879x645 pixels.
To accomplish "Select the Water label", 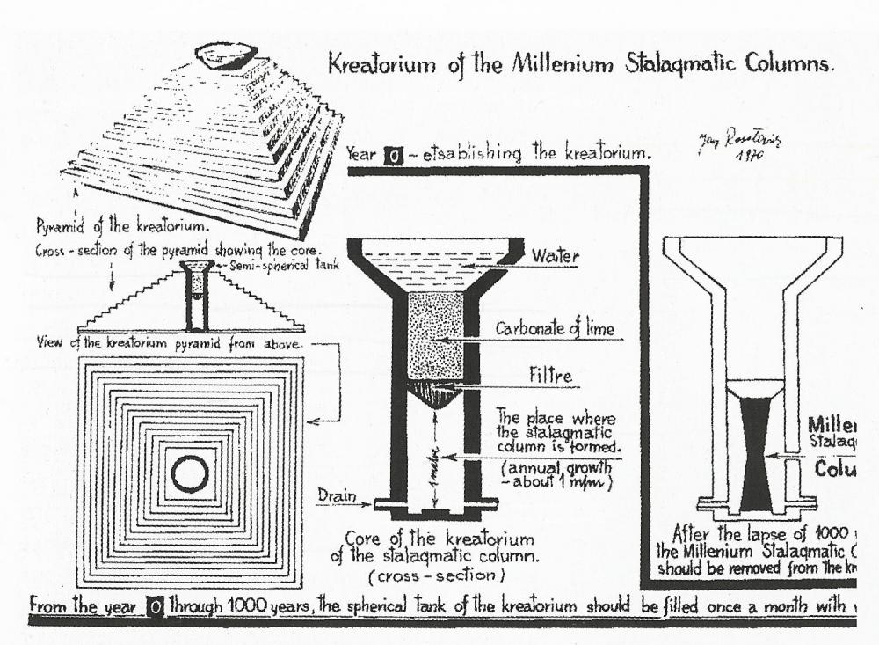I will pyautogui.click(x=556, y=256).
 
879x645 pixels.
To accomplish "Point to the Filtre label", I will pyautogui.click(x=549, y=376).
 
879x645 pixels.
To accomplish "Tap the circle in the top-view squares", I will pyautogui.click(x=190, y=475).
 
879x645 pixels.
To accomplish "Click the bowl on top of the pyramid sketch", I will pyautogui.click(x=226, y=55).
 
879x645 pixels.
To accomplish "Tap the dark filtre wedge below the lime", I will pyautogui.click(x=437, y=393).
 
